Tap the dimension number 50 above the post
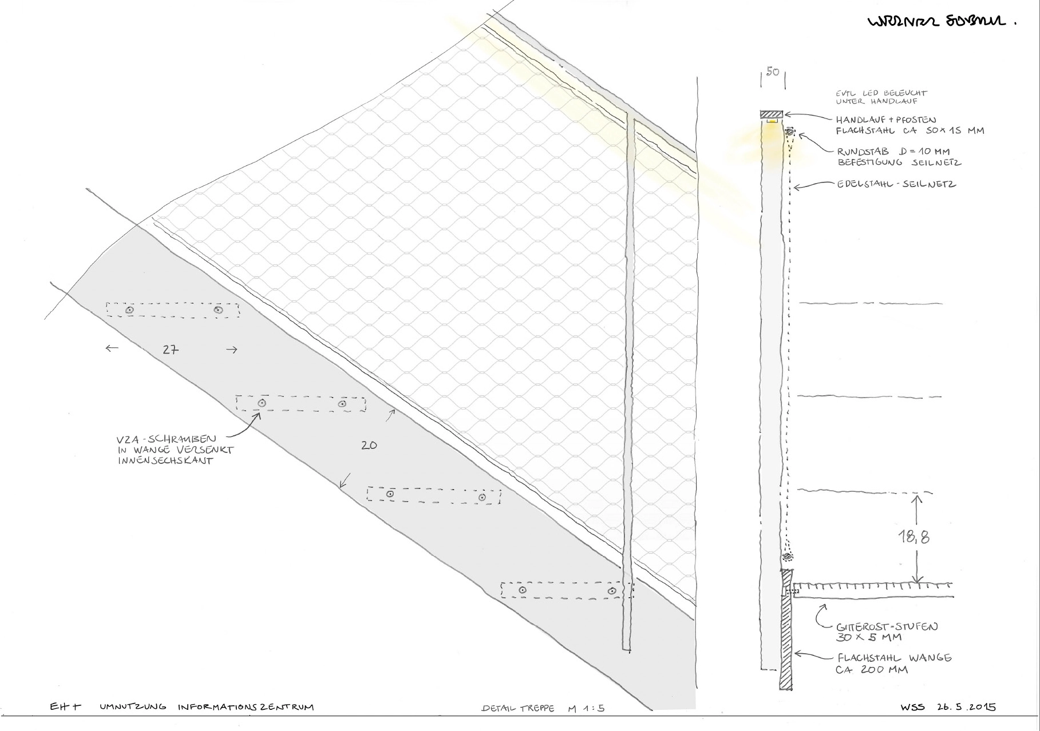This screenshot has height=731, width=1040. [x=773, y=73]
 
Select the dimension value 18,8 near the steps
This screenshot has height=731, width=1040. [x=914, y=537]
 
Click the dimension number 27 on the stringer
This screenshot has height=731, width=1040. [x=170, y=349]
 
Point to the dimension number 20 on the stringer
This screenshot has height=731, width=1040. [x=369, y=444]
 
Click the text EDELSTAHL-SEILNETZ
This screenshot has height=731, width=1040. [x=896, y=184]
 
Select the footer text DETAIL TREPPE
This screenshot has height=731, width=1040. [x=518, y=708]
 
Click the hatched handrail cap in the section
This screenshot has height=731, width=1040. [x=772, y=114]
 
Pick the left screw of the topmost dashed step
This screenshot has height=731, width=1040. [x=130, y=309]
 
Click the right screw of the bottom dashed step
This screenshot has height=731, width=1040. [x=612, y=590]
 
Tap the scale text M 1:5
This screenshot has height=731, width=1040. [x=586, y=708]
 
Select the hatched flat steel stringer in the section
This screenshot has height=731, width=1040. [x=786, y=629]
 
